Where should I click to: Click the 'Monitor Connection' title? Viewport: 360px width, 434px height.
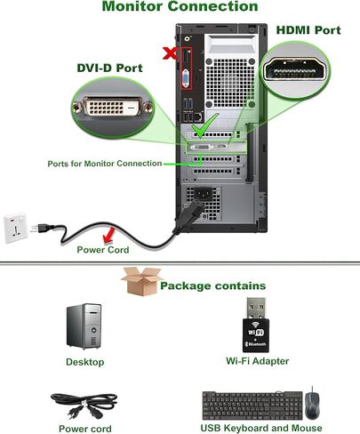180,6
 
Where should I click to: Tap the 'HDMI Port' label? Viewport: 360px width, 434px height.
308,30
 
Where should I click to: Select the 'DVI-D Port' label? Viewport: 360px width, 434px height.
109,68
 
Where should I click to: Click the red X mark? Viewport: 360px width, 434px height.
171,53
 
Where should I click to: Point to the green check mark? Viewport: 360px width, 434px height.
204,125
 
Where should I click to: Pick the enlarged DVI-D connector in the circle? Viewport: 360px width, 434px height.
113,107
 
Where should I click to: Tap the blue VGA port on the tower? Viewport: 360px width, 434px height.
186,78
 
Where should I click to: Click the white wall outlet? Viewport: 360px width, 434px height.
16,228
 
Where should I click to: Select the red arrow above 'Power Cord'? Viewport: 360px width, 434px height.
109,235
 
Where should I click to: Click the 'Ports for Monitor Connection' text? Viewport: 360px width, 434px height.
105,164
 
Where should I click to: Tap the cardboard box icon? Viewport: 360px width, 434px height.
141,281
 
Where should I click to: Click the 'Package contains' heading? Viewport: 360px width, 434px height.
212,285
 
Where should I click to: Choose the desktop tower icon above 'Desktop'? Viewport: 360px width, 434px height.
84,325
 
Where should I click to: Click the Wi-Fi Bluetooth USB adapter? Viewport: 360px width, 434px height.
256,325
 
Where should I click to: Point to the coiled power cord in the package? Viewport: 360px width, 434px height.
84,406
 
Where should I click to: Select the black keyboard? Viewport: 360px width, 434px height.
252,406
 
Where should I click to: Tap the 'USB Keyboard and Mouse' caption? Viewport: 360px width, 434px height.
261,428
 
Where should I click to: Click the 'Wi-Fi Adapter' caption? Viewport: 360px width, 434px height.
257,361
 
